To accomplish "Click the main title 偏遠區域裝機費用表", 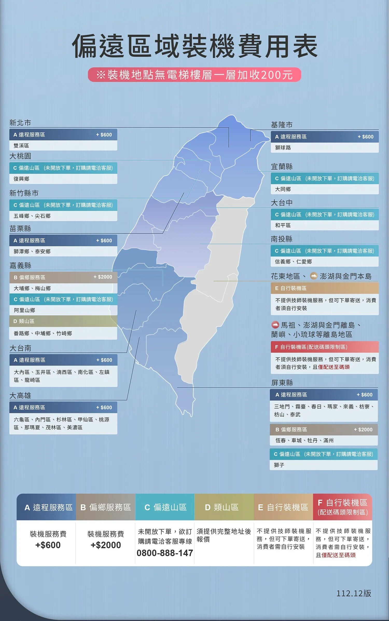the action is [x=195, y=46].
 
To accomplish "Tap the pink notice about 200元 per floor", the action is [x=195, y=75].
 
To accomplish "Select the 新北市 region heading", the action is [x=20, y=123].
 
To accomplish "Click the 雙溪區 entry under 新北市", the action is [x=21, y=146].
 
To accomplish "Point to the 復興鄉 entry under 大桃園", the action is [x=21, y=179].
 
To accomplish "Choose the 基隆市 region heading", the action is [x=282, y=125].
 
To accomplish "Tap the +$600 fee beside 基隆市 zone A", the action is [x=365, y=137].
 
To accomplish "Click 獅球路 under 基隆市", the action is [x=283, y=148].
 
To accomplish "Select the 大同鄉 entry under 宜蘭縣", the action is [x=283, y=189].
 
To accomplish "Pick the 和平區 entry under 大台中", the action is [x=283, y=225].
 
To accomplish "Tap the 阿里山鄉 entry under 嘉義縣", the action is [x=24, y=310].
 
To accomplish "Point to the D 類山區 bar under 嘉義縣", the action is [x=24, y=321].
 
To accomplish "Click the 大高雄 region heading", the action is [x=20, y=396].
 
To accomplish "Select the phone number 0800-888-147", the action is [x=165, y=553].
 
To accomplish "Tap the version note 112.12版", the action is [x=354, y=593].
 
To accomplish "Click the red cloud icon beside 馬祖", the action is [x=275, y=325].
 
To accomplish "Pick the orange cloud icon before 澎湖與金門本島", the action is [x=314, y=276].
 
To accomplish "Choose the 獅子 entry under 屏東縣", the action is [x=279, y=465].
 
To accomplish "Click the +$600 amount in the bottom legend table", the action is [x=48, y=545].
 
